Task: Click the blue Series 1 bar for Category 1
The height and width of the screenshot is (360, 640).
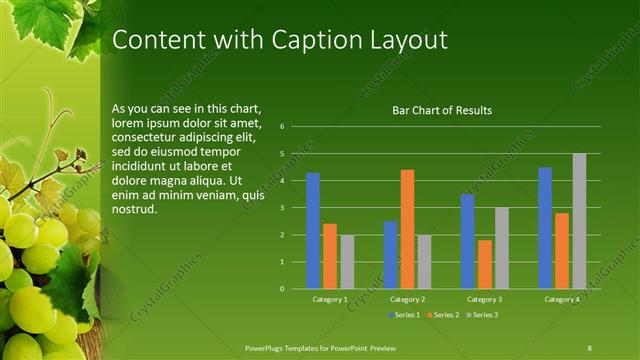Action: [x=313, y=231]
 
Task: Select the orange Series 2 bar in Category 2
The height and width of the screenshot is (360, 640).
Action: [x=407, y=229]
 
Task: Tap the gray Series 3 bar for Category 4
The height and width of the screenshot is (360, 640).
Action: [x=579, y=221]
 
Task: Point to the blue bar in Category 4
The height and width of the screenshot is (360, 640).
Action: [x=545, y=228]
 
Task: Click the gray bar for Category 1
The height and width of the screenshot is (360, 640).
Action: [x=347, y=262]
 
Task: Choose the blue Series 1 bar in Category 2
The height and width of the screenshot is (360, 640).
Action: [x=390, y=255]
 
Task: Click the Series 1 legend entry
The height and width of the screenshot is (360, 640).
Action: [x=403, y=315]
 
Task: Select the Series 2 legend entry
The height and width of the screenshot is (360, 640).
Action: [x=443, y=315]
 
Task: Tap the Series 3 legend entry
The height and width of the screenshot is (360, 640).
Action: [x=482, y=315]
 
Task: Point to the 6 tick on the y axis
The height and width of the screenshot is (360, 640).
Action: [x=283, y=127]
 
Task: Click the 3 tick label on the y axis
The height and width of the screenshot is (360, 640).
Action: [x=283, y=208]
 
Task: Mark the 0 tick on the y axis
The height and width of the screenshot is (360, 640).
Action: [x=283, y=289]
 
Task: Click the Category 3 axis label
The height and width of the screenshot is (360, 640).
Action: [x=485, y=299]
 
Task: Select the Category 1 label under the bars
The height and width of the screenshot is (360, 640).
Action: [x=330, y=299]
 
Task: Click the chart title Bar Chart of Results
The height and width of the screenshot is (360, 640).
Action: [x=441, y=110]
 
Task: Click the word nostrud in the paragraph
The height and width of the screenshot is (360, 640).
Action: [x=134, y=210]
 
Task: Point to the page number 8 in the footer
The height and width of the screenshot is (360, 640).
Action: [x=590, y=347]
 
